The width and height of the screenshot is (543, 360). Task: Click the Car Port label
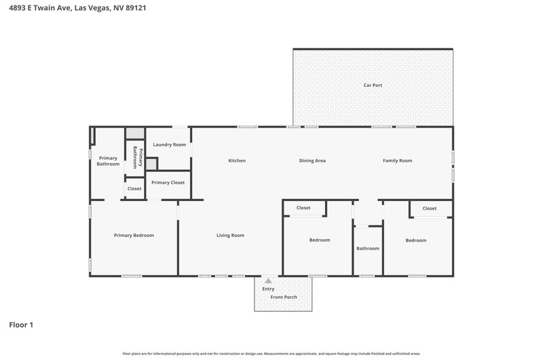click(373, 85)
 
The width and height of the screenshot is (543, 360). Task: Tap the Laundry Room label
click(169, 145)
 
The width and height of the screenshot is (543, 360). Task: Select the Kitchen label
click(237, 160)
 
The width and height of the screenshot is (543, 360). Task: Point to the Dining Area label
click(312, 161)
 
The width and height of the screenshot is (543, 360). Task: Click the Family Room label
click(397, 161)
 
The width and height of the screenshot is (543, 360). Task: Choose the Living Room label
click(230, 235)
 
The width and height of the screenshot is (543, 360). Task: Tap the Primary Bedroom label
click(134, 235)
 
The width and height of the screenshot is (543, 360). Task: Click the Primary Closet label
click(168, 183)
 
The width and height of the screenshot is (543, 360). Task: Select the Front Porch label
click(284, 297)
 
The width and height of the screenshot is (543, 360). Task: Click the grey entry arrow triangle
click(268, 281)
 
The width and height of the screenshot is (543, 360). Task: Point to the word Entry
click(268, 289)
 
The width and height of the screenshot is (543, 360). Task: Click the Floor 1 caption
click(21, 325)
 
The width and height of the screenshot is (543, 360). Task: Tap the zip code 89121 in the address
click(136, 7)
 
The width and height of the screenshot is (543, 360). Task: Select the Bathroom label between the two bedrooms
click(368, 249)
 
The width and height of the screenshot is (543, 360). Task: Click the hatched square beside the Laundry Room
click(151, 164)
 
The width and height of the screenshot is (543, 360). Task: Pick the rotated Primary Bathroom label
click(138, 158)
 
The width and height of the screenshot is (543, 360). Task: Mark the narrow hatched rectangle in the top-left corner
click(92, 135)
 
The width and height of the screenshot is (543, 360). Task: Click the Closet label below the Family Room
click(430, 209)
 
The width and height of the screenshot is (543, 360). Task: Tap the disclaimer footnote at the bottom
click(271, 354)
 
